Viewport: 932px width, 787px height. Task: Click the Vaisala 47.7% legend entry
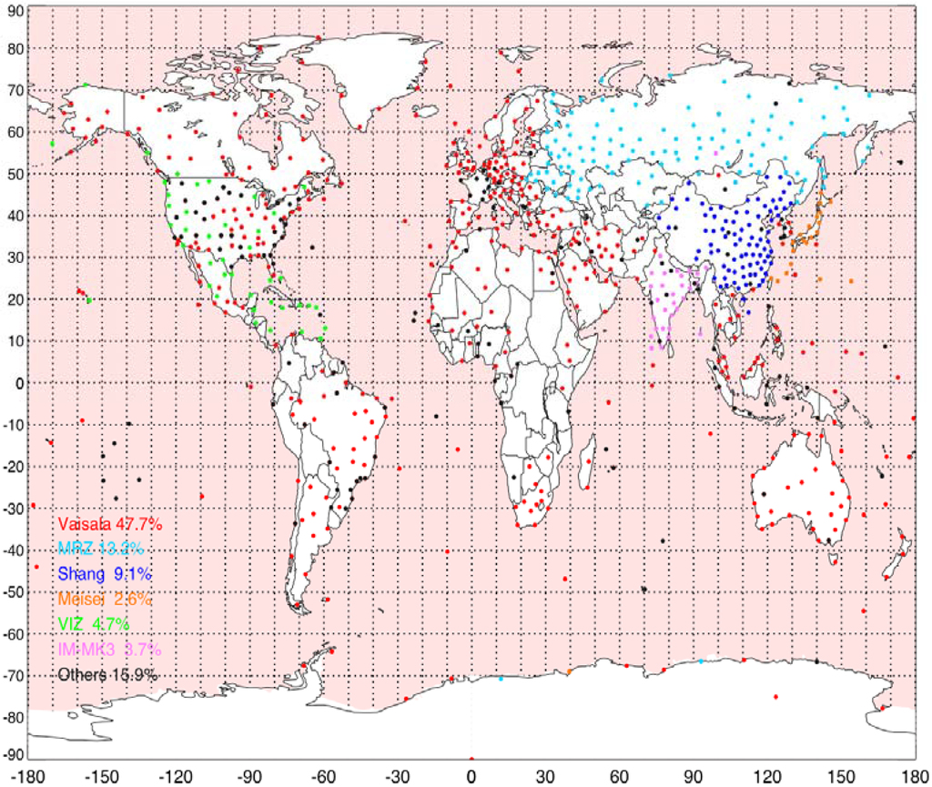[x=109, y=525]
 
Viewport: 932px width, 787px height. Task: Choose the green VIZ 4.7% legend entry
[x=94, y=624]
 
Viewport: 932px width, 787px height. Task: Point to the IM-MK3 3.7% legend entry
[x=109, y=650]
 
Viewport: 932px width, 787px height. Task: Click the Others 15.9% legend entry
[x=107, y=675]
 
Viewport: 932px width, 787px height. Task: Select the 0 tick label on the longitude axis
[x=471, y=776]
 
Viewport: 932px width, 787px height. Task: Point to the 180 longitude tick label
[x=914, y=776]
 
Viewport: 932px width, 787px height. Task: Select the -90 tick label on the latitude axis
[x=10, y=755]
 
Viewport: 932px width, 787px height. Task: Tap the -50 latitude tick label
[x=10, y=590]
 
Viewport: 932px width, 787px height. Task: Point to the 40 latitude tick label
[x=13, y=216]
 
